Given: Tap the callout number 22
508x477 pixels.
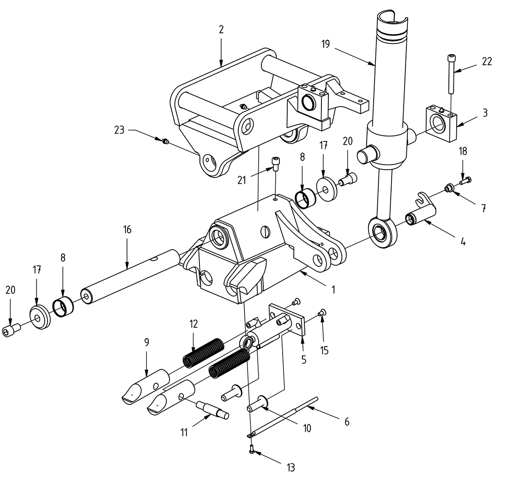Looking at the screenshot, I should tap(486, 62).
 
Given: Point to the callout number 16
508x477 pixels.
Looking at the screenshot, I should tap(127, 230).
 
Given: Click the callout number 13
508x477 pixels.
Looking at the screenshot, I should tap(290, 467).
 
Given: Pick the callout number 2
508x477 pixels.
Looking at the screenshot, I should tap(221, 30).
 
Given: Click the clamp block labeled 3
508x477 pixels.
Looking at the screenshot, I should tap(441, 123).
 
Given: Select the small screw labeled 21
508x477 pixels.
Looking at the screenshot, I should tap(275, 164).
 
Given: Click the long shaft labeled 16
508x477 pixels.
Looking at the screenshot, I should tap(129, 276).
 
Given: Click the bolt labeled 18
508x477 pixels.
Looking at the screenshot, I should tap(466, 181).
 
